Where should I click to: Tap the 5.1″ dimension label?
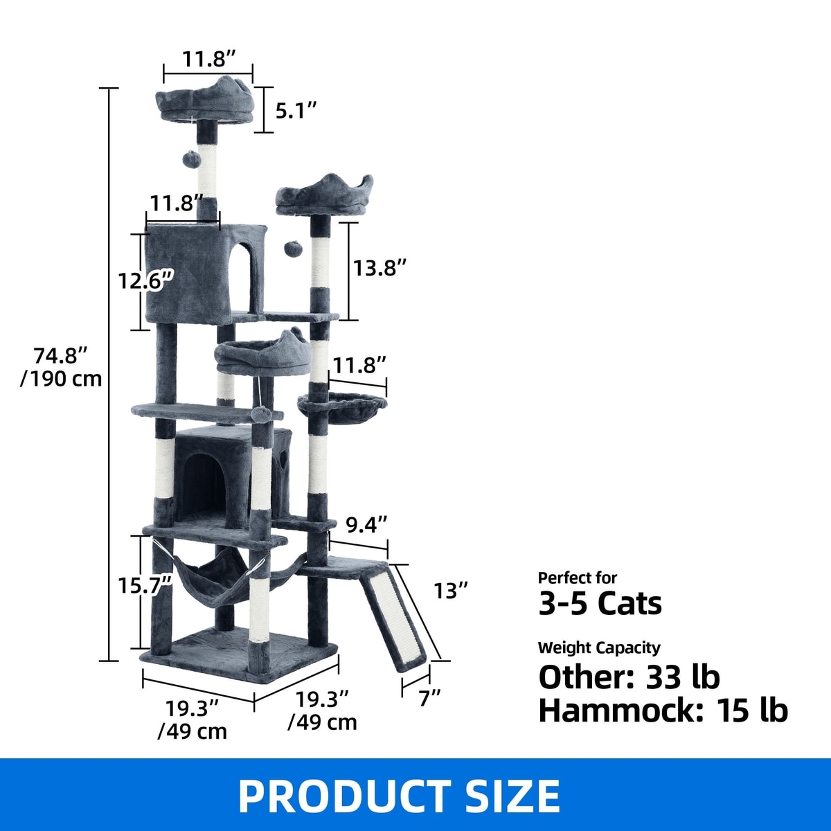pos(296,111)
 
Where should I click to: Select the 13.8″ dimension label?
pos(380,268)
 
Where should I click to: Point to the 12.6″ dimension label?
pos(146,280)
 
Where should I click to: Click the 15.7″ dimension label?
pos(146,586)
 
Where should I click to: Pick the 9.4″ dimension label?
pos(366,524)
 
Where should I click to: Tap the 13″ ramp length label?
pos(450,591)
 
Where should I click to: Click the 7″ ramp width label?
pos(430,698)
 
